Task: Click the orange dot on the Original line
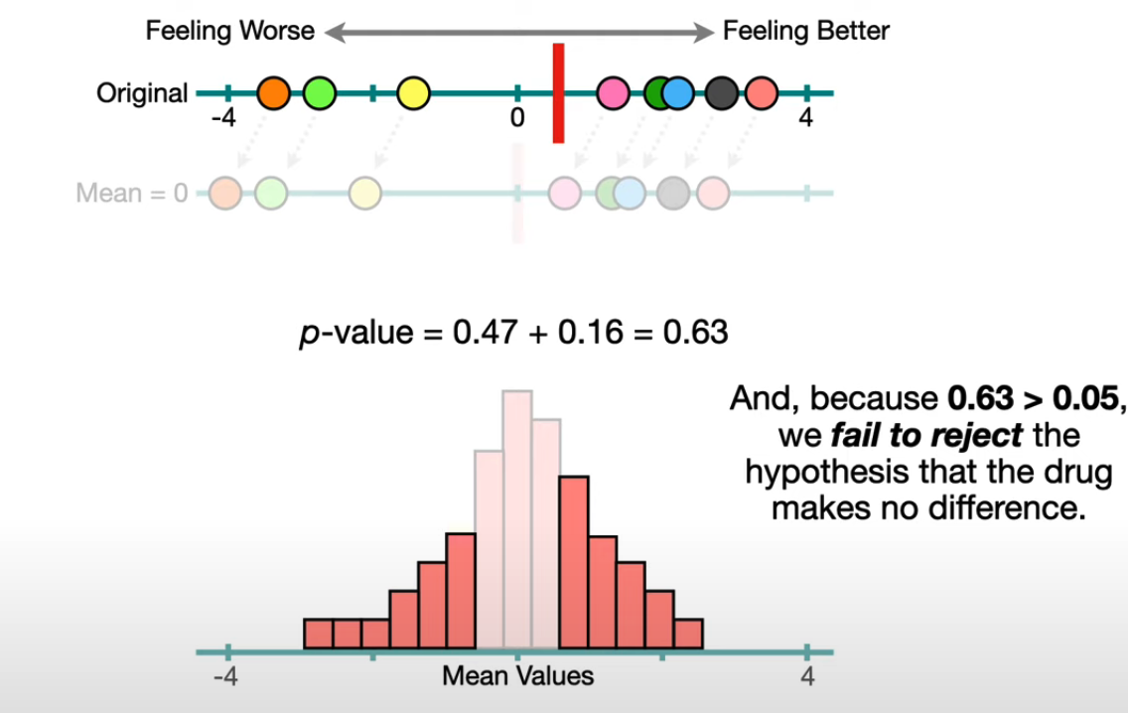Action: tap(273, 93)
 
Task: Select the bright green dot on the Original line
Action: tap(319, 93)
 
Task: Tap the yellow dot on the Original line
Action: tap(413, 93)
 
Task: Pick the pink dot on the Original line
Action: tap(615, 93)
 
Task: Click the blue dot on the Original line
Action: tap(677, 93)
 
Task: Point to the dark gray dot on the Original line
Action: tap(723, 93)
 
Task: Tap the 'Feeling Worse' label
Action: tap(230, 31)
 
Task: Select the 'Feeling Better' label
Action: tap(806, 31)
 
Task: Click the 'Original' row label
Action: tap(142, 93)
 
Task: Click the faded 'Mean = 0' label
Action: tap(132, 192)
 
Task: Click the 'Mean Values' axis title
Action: tap(517, 677)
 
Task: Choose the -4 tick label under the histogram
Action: tap(224, 677)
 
